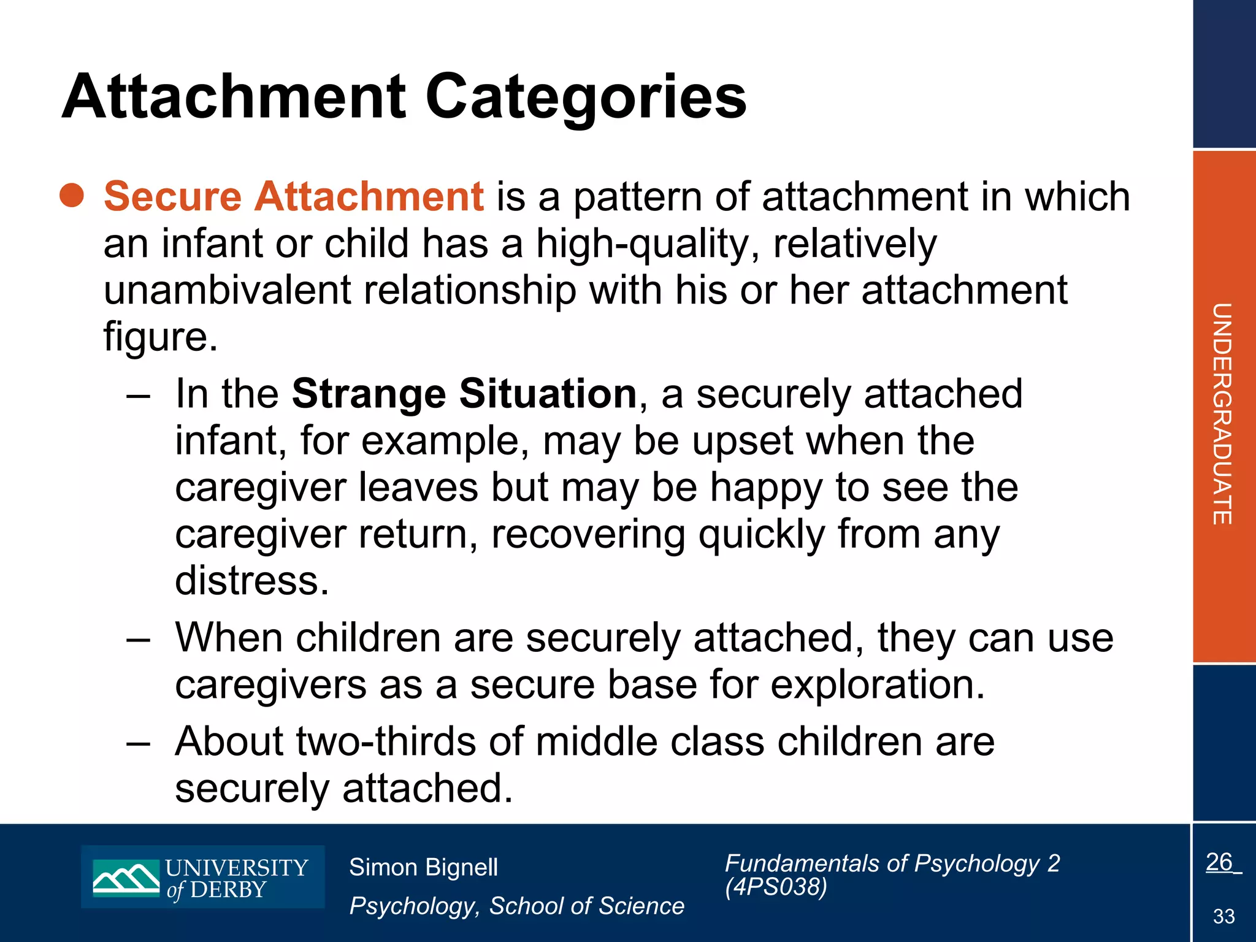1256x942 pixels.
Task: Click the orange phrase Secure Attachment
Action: tap(294, 196)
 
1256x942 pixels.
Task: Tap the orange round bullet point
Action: tap(72, 195)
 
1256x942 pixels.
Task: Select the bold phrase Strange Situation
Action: tap(464, 394)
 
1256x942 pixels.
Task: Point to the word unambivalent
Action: tap(227, 290)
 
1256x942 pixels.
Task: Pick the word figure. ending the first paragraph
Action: tap(160, 337)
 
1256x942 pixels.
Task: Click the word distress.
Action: tap(252, 580)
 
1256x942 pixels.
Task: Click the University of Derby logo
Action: tap(202, 877)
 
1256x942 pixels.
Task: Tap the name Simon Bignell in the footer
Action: tap(423, 867)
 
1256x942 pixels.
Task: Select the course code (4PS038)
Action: tap(776, 887)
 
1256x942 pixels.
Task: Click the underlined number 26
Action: tap(1219, 862)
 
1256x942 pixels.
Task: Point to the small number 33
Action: tap(1223, 916)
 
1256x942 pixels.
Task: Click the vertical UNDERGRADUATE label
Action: tap(1222, 413)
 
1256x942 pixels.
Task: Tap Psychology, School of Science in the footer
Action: tap(516, 906)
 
